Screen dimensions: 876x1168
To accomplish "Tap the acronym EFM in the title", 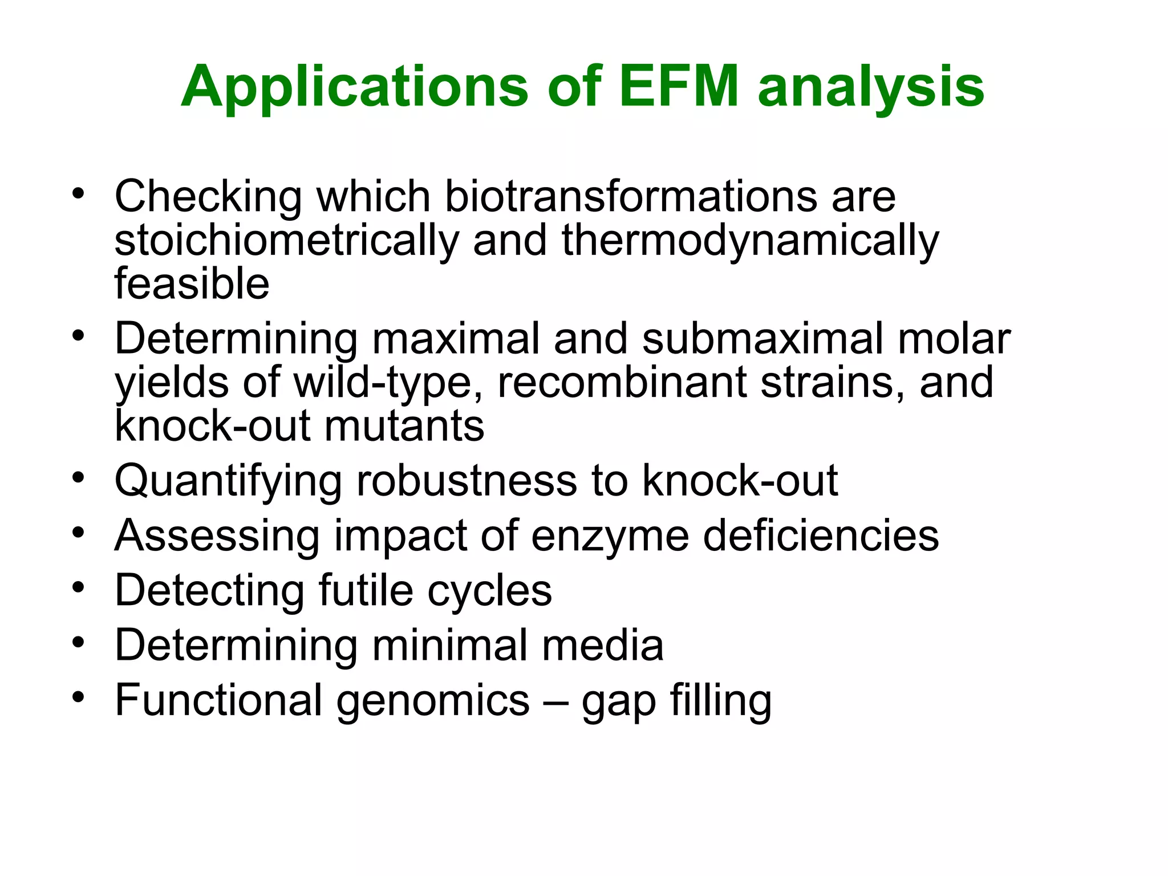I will pos(679,86).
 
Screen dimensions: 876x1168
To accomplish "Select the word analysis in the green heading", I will pos(871,87).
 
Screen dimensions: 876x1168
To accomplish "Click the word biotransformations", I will pos(631,197).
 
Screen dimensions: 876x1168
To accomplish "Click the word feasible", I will pos(192,283).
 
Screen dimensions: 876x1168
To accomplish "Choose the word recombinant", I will pos(622,382).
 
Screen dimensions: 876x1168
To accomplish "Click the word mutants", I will pos(404,426).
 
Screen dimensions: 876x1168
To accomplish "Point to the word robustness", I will pos(467,481).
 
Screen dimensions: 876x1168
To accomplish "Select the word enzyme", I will pos(610,536).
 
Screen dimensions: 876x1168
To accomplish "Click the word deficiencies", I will pos(821,536).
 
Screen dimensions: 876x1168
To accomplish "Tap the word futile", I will pos(366,590).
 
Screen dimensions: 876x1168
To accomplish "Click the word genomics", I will pos(433,701).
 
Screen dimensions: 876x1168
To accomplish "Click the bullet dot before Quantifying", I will pos(79,477).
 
